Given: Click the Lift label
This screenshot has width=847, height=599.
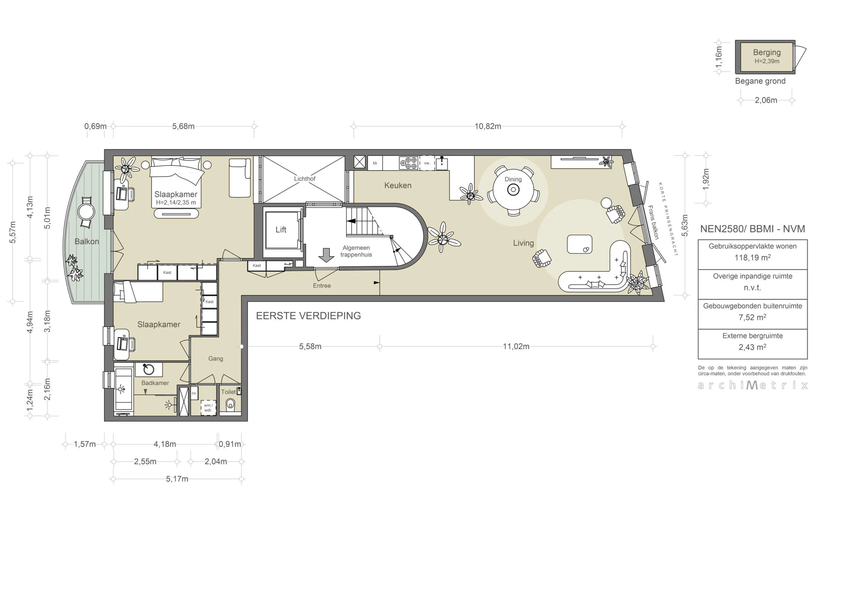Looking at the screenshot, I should [x=281, y=230].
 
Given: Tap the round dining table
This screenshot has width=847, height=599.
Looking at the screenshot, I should [x=513, y=190].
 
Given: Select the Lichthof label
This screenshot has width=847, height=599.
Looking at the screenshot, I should [x=304, y=179].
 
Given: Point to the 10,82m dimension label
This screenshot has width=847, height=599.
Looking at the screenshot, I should [x=488, y=126].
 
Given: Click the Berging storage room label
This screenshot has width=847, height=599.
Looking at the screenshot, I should [x=767, y=52].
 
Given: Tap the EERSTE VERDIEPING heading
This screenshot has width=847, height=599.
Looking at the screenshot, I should [x=308, y=316].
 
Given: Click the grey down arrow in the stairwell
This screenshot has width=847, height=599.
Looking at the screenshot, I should [x=326, y=255].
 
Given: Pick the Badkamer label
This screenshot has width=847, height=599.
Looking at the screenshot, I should [x=155, y=383].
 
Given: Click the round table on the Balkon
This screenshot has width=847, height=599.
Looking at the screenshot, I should [x=86, y=212].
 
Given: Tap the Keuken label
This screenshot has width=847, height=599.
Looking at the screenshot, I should [x=397, y=185].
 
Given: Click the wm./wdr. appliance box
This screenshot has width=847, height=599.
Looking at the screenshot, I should [x=208, y=408].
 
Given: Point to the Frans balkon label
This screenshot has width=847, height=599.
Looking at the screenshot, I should [x=653, y=222].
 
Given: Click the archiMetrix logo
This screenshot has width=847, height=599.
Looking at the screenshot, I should [x=753, y=385].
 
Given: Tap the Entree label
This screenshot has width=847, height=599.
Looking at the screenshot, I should [x=322, y=285].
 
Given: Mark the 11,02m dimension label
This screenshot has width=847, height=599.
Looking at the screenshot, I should [x=516, y=346].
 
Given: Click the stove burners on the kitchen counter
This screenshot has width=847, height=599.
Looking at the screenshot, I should [x=409, y=163].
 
